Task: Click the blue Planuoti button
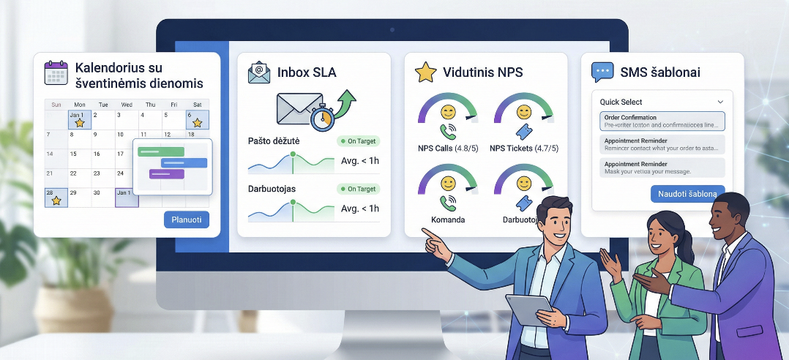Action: (x=187, y=220)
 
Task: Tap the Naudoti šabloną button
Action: (x=687, y=194)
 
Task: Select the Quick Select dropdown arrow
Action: (x=720, y=102)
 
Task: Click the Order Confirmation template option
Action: (x=662, y=121)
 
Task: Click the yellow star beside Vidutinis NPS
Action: (x=425, y=72)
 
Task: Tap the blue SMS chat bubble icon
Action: (x=602, y=72)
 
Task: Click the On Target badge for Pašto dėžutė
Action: (x=358, y=140)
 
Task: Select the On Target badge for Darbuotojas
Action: (x=358, y=189)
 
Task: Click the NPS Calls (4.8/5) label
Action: (x=447, y=149)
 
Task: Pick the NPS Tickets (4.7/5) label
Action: (x=523, y=149)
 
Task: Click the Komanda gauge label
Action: (x=447, y=219)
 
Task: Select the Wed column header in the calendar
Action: (x=127, y=104)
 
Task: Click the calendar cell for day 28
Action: (x=56, y=197)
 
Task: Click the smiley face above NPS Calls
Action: (x=447, y=113)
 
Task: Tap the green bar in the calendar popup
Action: (x=161, y=151)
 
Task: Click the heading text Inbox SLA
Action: (x=307, y=72)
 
